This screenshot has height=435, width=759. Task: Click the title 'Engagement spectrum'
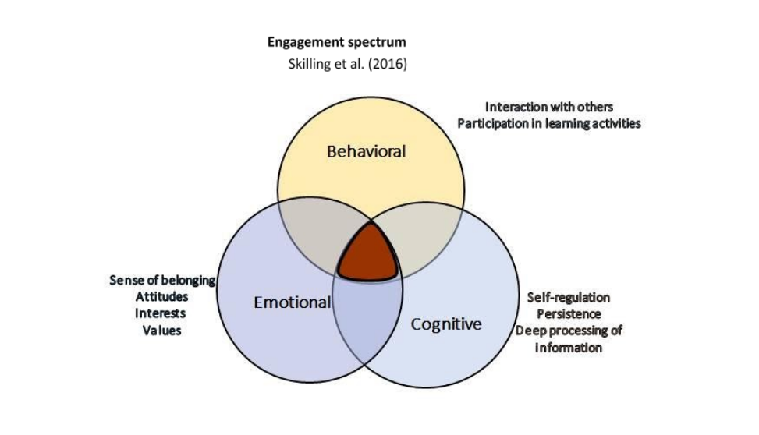coord(336,42)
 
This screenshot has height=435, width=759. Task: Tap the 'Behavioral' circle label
coord(366,151)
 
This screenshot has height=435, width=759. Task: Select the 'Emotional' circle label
coord(292,302)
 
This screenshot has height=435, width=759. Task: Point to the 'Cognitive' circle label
coord(446,324)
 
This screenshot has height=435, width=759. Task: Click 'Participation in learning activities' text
coord(549,123)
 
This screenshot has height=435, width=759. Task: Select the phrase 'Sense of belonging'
coord(161,281)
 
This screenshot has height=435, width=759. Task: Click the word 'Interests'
coord(160,313)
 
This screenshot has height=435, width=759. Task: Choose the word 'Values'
coord(161,331)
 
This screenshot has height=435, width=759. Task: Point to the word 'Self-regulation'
coord(569,297)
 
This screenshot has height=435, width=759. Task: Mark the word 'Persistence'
coord(569,313)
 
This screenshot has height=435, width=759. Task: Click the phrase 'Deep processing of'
coord(569,331)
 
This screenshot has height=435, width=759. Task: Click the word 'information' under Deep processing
coord(568,348)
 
